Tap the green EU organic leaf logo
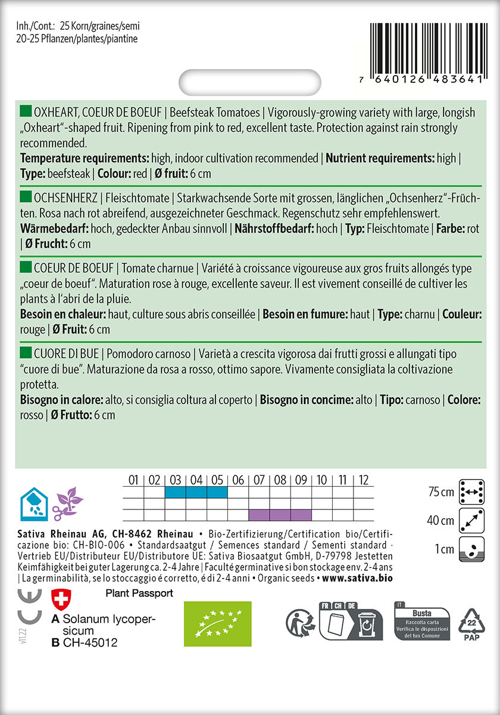(217, 623)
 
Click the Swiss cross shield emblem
(60, 601)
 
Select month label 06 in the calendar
(238, 480)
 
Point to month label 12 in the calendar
(364, 480)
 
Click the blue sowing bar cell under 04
(196, 492)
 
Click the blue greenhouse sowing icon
(33, 503)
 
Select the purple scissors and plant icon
(67, 503)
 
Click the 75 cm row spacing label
(440, 492)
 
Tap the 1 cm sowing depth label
(444, 549)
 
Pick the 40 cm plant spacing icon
(471, 520)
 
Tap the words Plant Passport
(139, 593)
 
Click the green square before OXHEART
(26, 112)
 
